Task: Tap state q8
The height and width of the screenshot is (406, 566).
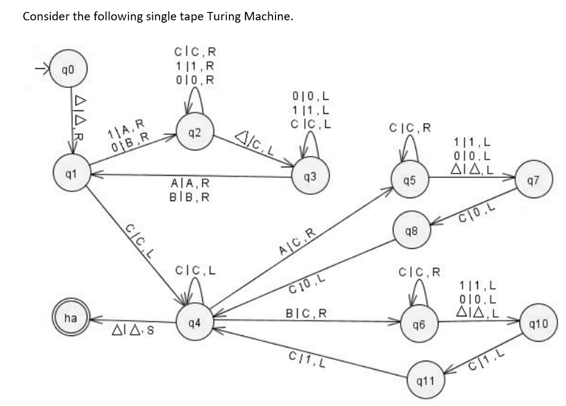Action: click(x=415, y=230)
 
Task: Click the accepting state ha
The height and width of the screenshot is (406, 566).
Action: click(x=70, y=318)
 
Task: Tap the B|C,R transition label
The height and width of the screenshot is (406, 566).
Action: click(x=307, y=312)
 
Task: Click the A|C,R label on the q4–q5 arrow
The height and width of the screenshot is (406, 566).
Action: click(x=298, y=242)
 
